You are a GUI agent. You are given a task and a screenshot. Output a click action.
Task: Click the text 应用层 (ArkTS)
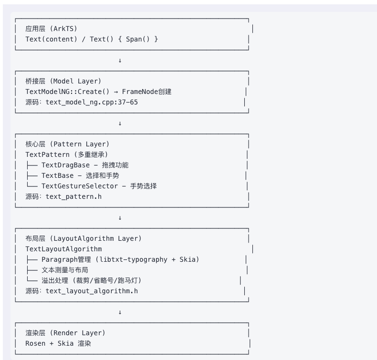[51, 29]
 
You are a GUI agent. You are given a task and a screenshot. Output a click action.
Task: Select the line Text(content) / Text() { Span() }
[92, 39]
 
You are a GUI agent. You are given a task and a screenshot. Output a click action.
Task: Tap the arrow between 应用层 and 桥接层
[120, 61]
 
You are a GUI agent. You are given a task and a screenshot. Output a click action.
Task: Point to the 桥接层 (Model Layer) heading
[63, 81]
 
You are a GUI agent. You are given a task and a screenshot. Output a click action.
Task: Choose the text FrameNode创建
[147, 92]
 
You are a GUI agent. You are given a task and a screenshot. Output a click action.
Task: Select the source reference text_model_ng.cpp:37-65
[92, 102]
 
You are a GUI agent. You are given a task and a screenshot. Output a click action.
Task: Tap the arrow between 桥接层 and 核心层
[120, 123]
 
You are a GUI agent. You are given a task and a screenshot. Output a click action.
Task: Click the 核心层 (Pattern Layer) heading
[67, 144]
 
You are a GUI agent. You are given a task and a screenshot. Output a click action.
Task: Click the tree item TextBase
[57, 175]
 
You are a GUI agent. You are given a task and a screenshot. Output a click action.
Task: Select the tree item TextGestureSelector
[79, 186]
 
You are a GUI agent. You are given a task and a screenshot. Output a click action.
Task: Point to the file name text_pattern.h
[73, 196]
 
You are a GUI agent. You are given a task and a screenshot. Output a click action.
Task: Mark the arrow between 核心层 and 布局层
[120, 218]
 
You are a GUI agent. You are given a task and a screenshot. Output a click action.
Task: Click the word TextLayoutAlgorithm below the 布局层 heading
[63, 249]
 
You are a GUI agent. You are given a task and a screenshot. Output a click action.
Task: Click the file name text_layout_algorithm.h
[92, 291]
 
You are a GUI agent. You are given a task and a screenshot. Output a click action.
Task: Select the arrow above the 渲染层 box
[120, 312]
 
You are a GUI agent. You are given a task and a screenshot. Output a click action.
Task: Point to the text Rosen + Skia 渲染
[58, 343]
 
